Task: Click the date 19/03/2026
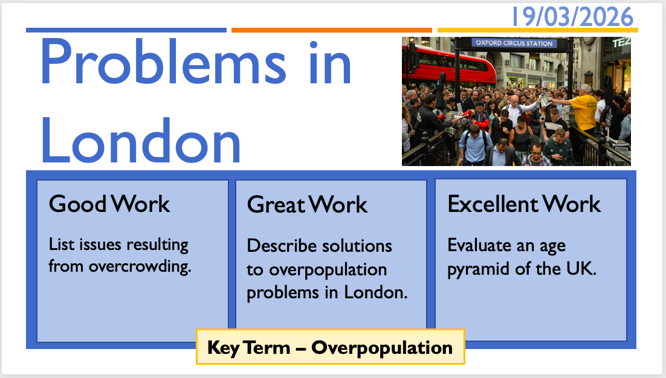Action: [x=572, y=17]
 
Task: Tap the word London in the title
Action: [x=141, y=139]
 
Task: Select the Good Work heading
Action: [x=109, y=203]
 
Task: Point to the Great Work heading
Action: [x=307, y=205]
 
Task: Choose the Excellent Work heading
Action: [x=524, y=203]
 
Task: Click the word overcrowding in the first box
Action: [x=140, y=267]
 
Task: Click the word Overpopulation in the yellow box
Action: [x=382, y=348]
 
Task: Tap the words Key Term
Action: [x=248, y=347]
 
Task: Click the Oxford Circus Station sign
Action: [x=514, y=43]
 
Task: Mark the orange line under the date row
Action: [x=332, y=30]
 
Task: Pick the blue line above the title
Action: [x=126, y=30]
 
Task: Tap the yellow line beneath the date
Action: [x=538, y=30]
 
